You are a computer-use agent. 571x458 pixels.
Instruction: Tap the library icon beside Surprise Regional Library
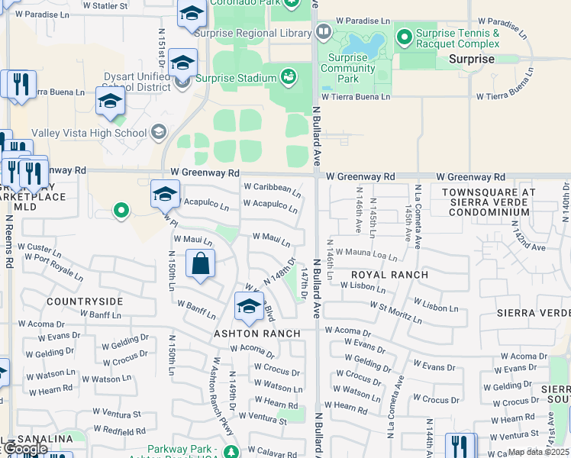tap(324, 32)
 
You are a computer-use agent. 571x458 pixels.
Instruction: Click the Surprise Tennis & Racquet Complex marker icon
tap(404, 34)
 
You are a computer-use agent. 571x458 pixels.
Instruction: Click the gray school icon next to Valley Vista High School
tap(158, 133)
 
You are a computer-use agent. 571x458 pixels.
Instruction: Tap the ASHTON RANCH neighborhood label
tap(256, 334)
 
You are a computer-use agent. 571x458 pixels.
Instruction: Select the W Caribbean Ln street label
tap(272, 188)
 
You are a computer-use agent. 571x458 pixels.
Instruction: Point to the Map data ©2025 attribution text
tap(538, 452)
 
